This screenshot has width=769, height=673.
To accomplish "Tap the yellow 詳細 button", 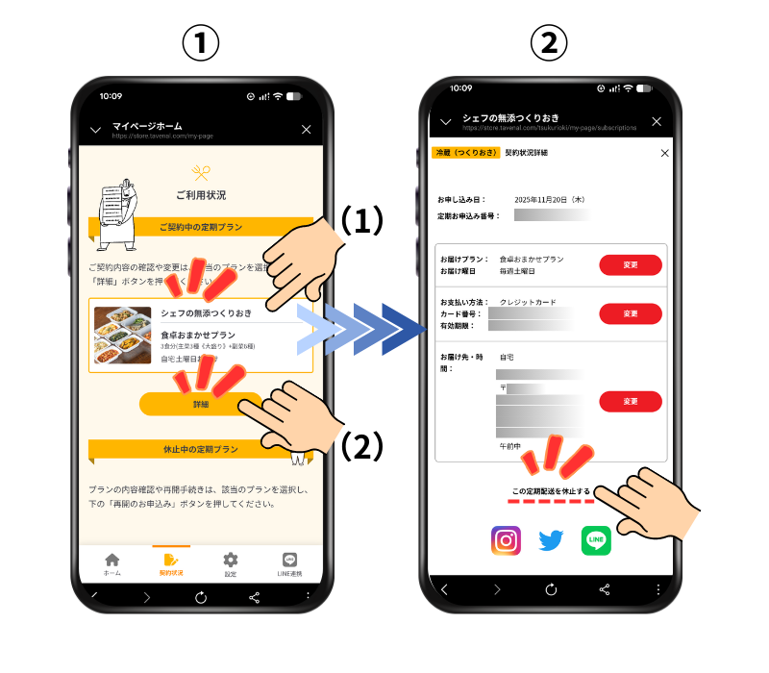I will click(x=200, y=405).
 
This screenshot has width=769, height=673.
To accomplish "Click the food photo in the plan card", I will click(x=122, y=335).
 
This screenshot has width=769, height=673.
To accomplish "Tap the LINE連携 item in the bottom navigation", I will click(x=289, y=564).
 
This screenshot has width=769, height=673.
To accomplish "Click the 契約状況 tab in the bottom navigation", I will click(x=171, y=564).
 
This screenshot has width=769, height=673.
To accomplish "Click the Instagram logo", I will click(x=506, y=540).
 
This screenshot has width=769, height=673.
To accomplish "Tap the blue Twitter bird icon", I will click(x=551, y=540).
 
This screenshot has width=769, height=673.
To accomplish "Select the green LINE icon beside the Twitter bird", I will click(x=596, y=540).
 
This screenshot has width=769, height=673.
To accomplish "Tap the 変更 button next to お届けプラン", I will click(x=630, y=264).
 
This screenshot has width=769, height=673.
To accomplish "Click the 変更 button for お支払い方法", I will click(x=630, y=313).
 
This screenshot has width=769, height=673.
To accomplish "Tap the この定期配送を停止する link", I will click(x=551, y=491).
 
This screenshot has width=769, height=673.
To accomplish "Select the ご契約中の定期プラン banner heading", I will click(x=201, y=227).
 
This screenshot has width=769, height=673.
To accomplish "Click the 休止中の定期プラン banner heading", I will click(x=201, y=449).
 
